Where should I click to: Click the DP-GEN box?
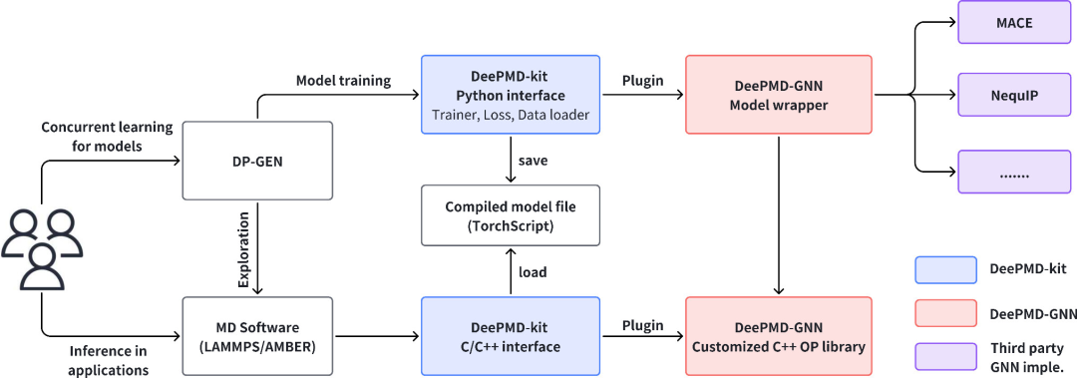(258, 160)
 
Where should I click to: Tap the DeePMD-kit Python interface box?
(511, 96)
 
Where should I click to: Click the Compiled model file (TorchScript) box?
(511, 215)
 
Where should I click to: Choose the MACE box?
(1013, 22)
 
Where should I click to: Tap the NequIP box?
(1013, 96)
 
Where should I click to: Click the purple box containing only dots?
(1013, 171)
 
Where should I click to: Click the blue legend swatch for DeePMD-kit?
(944, 270)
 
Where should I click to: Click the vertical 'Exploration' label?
(243, 263)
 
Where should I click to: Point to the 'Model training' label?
(344, 80)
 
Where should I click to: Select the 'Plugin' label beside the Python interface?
(642, 80)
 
